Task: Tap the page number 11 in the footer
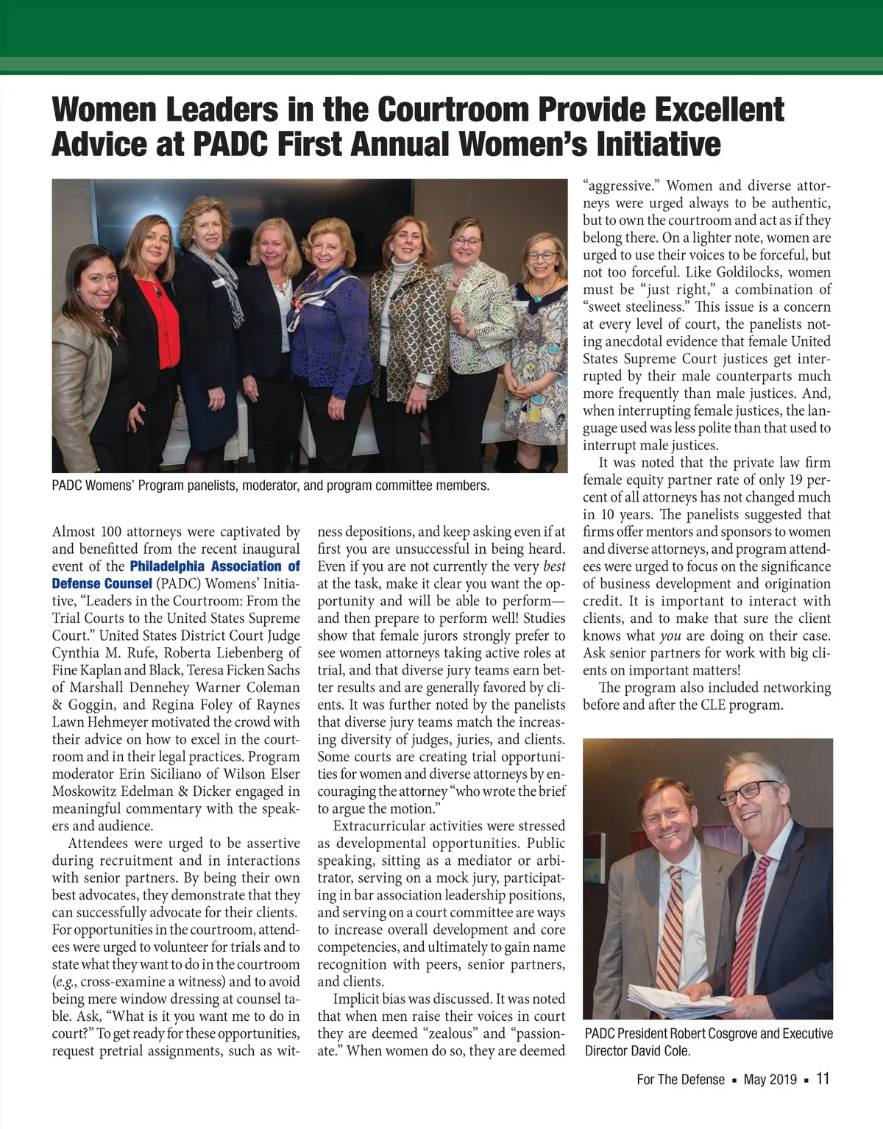click(x=823, y=1079)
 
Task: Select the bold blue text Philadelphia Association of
click(x=215, y=566)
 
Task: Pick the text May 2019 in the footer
click(x=770, y=1080)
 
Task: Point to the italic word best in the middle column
click(x=554, y=566)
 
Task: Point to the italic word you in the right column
click(x=670, y=635)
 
